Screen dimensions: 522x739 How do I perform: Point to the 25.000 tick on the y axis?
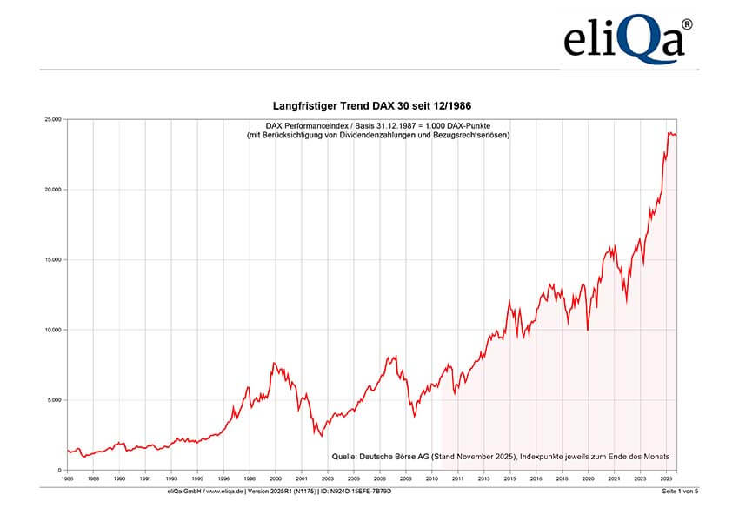point(53,119)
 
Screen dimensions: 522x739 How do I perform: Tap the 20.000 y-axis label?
point(53,190)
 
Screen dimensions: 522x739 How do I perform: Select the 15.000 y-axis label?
point(53,260)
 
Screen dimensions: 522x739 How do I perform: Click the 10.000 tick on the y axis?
point(53,331)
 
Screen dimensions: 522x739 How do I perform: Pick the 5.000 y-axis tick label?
point(55,401)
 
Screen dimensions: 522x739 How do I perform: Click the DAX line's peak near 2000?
point(275,363)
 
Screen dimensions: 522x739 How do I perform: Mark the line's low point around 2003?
point(321,435)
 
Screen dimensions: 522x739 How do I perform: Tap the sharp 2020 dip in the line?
point(588,330)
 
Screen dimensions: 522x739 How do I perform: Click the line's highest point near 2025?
point(669,132)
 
